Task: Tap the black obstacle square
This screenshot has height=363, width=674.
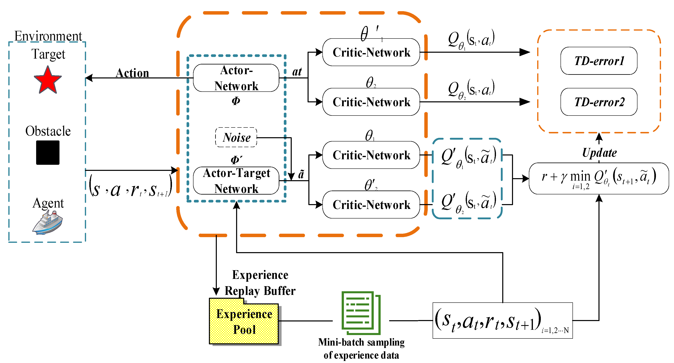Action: (x=48, y=152)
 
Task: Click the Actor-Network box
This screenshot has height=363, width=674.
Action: (x=236, y=78)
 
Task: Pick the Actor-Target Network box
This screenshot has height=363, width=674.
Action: (x=236, y=181)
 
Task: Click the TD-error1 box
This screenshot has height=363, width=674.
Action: (x=599, y=61)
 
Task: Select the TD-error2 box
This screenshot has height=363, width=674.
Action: (x=599, y=102)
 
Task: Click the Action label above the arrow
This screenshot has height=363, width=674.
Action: (x=132, y=73)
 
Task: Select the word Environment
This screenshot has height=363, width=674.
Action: (x=48, y=36)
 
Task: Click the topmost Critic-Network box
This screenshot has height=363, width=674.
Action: (x=371, y=52)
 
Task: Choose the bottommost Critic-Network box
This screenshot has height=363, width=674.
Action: (x=371, y=205)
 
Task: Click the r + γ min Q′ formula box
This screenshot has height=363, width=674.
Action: (x=599, y=178)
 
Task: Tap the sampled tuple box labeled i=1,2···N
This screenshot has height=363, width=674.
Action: (x=502, y=321)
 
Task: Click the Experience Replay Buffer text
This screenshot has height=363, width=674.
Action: (x=260, y=283)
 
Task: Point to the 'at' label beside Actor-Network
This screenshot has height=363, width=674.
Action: (x=297, y=72)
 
